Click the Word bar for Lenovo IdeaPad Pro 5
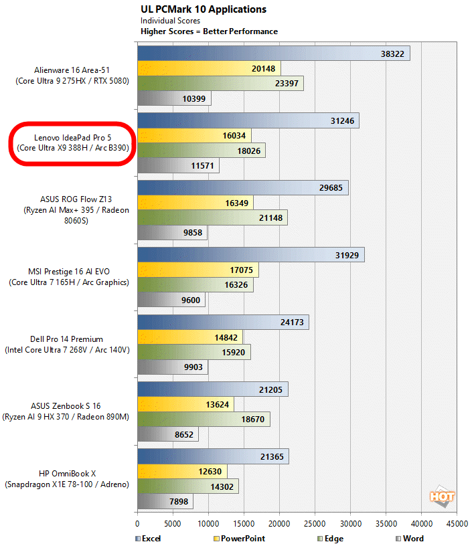click(x=178, y=165)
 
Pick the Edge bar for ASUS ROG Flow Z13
click(x=212, y=217)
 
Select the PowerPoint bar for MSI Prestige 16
click(x=197, y=270)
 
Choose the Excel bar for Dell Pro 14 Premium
click(x=223, y=322)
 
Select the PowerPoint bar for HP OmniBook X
click(x=182, y=471)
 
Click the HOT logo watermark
click(x=443, y=497)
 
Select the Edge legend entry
click(x=332, y=538)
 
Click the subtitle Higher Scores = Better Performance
click(x=209, y=31)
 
